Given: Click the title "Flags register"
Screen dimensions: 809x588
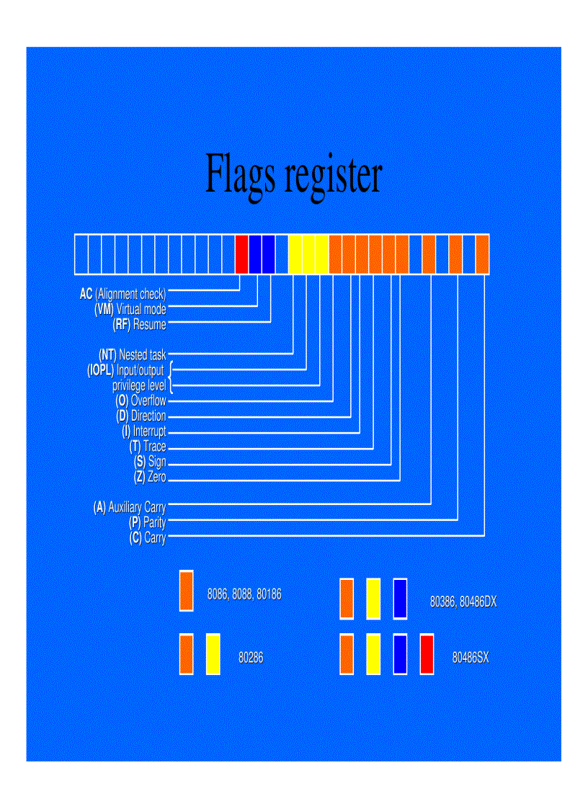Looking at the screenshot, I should [293, 173].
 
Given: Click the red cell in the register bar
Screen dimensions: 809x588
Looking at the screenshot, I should [241, 254].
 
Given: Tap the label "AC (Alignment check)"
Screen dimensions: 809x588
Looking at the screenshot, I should [123, 294].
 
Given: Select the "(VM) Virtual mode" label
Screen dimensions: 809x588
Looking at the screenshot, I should [130, 309].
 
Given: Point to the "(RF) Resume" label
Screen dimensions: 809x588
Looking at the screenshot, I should [140, 324].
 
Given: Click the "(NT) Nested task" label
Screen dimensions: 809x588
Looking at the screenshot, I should [133, 354].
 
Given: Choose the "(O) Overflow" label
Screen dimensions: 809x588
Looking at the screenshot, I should [141, 401].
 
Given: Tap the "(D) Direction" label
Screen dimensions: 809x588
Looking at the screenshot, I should [141, 416].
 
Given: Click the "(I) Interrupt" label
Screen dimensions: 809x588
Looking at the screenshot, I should [144, 432].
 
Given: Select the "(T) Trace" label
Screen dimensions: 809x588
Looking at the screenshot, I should [148, 447].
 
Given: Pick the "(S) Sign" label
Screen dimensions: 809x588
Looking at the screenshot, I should [150, 462].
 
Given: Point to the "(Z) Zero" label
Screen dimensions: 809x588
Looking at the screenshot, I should [150, 477].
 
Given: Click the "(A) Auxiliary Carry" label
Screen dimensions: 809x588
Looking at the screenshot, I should [130, 508].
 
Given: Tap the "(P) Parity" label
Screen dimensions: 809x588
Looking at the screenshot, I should [148, 523].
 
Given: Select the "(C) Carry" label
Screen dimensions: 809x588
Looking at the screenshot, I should [148, 538].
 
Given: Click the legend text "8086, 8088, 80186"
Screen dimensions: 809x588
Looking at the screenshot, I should [244, 595].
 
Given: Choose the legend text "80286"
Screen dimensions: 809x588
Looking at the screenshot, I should [251, 657].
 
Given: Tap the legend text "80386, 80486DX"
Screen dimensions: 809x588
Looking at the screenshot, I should [463, 602].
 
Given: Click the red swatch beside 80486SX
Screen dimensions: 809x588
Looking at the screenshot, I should [427, 654].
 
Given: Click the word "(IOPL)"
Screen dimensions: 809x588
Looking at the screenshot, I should [100, 370].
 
